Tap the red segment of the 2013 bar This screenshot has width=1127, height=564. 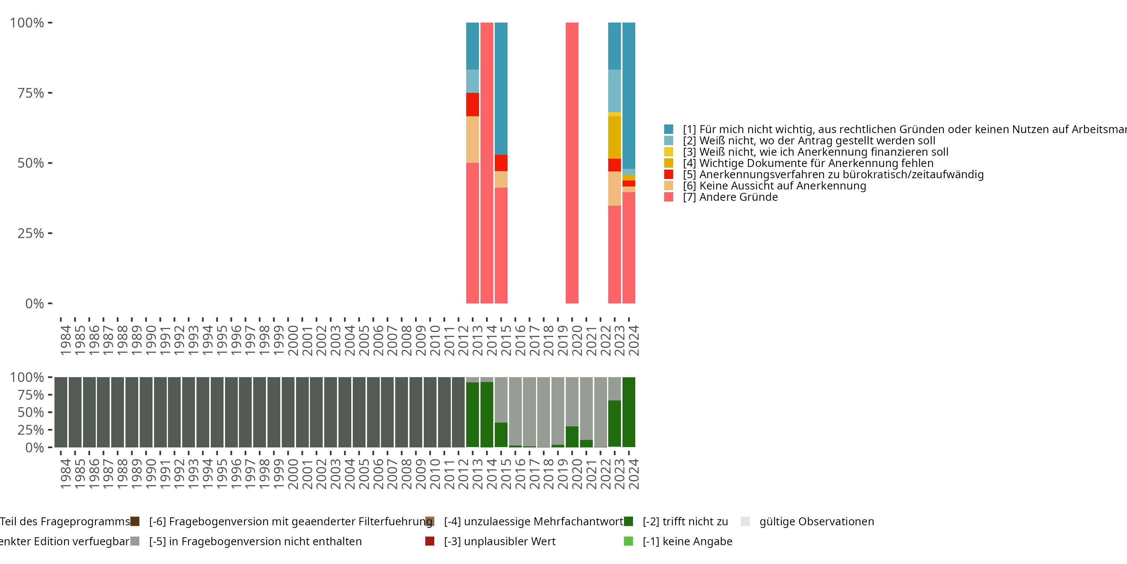[473, 105]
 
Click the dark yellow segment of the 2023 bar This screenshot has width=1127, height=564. [614, 137]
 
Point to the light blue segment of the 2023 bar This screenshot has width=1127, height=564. [614, 91]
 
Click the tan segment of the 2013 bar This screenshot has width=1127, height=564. [473, 139]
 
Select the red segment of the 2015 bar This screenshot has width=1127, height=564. [501, 163]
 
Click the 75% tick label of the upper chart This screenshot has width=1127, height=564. [31, 93]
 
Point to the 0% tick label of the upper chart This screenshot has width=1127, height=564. [35, 303]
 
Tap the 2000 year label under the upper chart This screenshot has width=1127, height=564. [293, 340]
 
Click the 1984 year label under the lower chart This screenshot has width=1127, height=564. [65, 474]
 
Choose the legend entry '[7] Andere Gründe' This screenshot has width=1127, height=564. [738, 197]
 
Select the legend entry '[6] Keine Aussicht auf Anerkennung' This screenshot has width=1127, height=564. [774, 186]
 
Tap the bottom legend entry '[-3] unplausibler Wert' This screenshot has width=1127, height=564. [499, 541]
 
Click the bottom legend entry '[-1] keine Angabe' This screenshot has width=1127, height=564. [687, 541]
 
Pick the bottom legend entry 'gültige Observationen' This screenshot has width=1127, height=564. [816, 522]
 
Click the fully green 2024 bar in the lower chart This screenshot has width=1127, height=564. [629, 412]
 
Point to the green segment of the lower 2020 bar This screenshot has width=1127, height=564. [572, 437]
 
